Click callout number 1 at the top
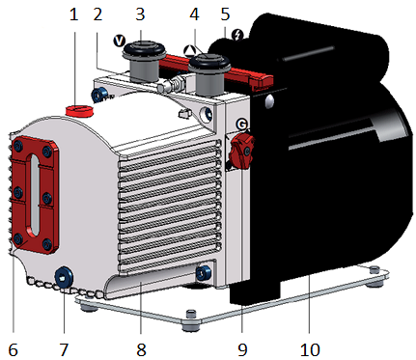(74, 14)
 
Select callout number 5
(225, 14)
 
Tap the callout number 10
(310, 349)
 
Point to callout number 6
(13, 349)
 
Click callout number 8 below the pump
(141, 349)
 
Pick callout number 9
(242, 349)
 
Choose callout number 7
(64, 349)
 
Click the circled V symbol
(120, 42)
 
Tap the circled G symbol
(241, 125)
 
